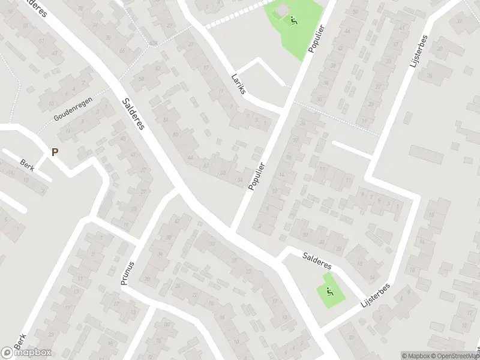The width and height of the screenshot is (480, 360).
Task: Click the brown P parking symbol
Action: (x=55, y=152)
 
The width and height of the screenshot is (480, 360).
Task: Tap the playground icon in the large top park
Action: (x=293, y=21)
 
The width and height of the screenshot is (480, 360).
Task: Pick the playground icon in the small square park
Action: (x=329, y=292)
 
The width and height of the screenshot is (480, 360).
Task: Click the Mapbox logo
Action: (x=26, y=352)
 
